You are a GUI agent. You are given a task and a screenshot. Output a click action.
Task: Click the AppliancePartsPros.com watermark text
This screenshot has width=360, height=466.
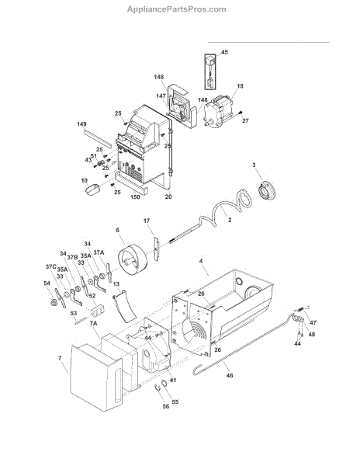(177, 9)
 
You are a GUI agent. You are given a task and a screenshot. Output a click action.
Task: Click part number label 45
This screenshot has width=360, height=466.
(225, 52)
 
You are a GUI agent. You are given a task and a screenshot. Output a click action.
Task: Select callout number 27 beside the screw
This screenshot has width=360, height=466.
(245, 120)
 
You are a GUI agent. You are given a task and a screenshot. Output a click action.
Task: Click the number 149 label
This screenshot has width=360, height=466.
(81, 124)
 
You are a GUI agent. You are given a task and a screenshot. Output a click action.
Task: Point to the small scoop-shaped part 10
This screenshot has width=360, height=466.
(92, 190)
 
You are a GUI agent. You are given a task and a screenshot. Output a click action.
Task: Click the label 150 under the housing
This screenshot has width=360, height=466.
(135, 197)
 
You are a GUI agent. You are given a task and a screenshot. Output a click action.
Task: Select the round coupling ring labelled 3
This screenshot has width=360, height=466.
(266, 190)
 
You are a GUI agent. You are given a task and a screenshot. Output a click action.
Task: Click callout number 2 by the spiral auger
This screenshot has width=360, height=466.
(230, 220)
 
